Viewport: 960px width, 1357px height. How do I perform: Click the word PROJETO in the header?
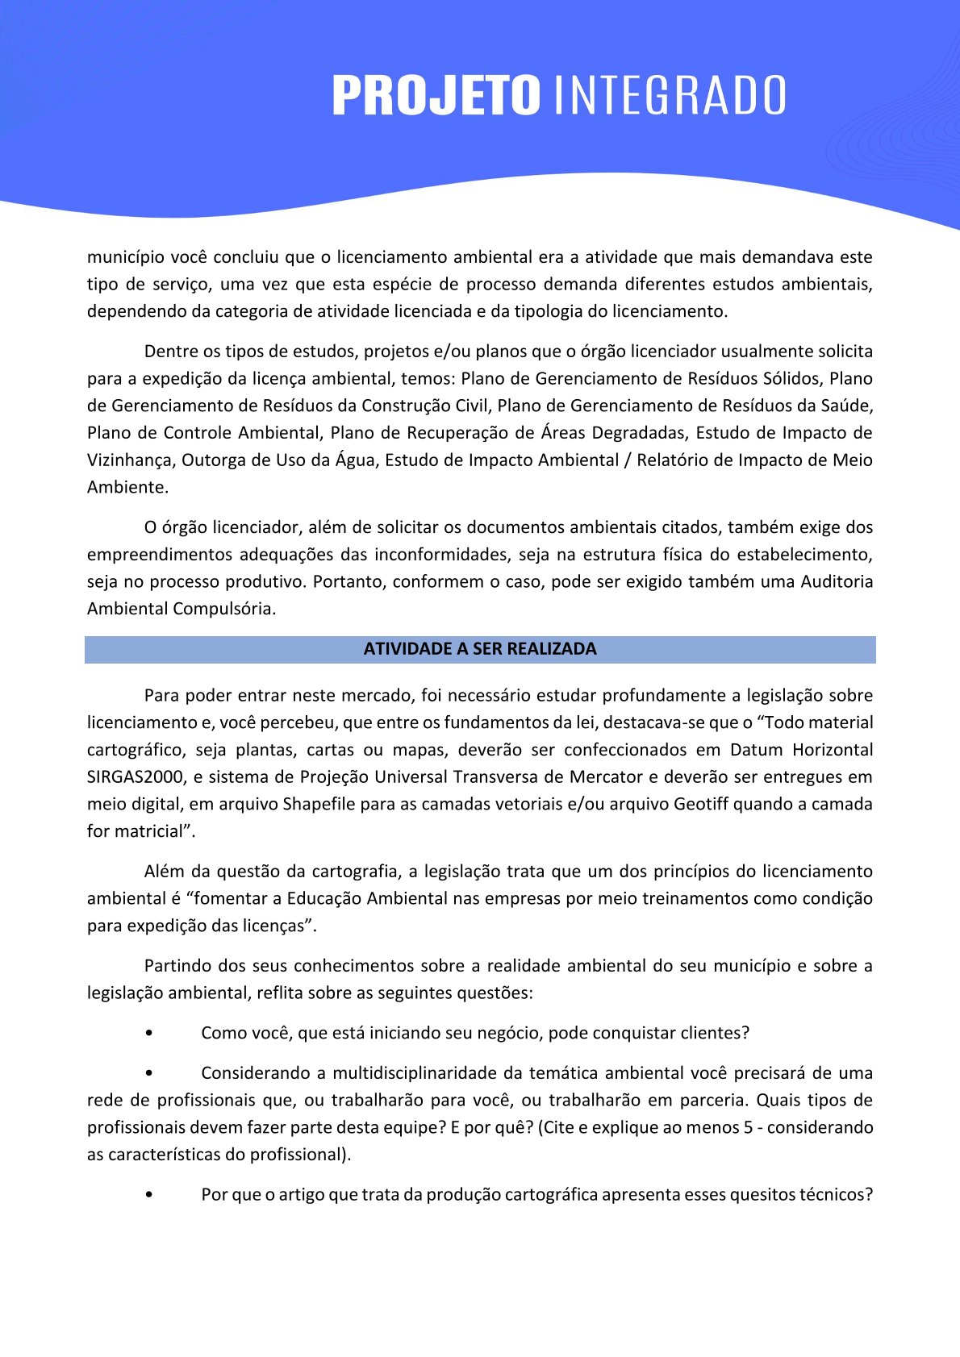pos(436,95)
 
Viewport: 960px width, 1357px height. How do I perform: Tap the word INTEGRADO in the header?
pos(670,95)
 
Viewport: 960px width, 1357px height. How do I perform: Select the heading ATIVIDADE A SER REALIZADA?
pos(480,649)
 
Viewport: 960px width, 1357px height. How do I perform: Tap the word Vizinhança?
pos(128,460)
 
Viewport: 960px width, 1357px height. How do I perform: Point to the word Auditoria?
pos(837,581)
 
